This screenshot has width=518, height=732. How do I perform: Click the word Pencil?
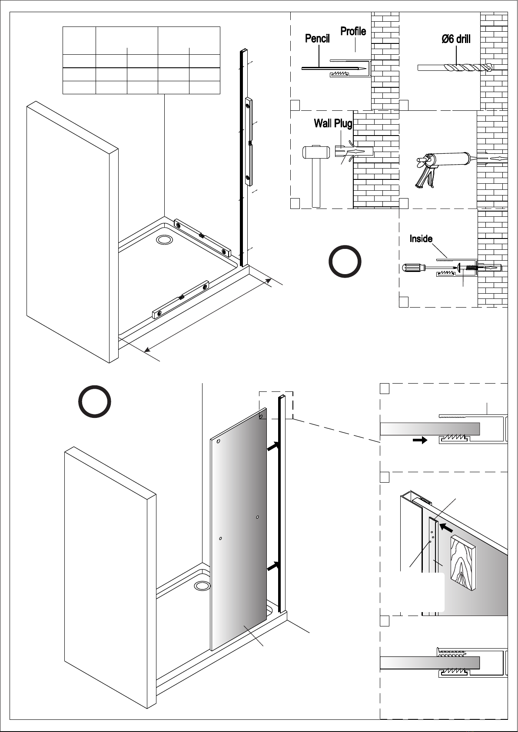[x=317, y=39]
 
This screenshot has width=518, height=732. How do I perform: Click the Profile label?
[x=353, y=31]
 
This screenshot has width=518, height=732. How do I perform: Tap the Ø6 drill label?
[x=456, y=39]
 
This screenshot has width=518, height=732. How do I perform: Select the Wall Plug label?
[x=333, y=124]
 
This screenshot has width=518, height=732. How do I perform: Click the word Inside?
[x=421, y=238]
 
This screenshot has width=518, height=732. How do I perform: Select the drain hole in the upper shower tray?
[x=165, y=240]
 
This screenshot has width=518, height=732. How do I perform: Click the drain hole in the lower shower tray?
[x=202, y=586]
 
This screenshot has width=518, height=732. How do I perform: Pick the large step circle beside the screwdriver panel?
[x=345, y=262]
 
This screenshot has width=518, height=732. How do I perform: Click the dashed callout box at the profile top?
[x=276, y=405]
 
